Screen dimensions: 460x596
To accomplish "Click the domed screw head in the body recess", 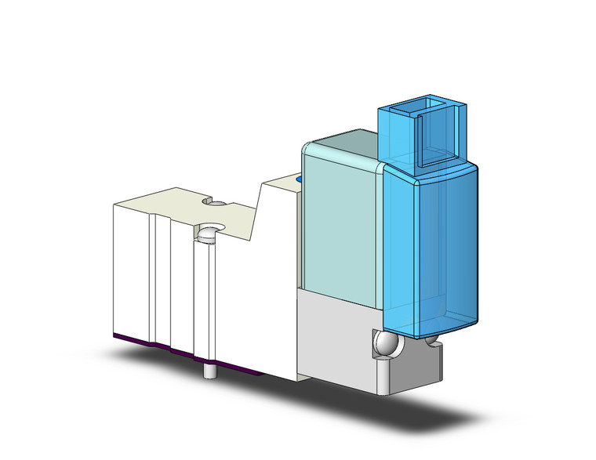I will (x=208, y=234).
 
